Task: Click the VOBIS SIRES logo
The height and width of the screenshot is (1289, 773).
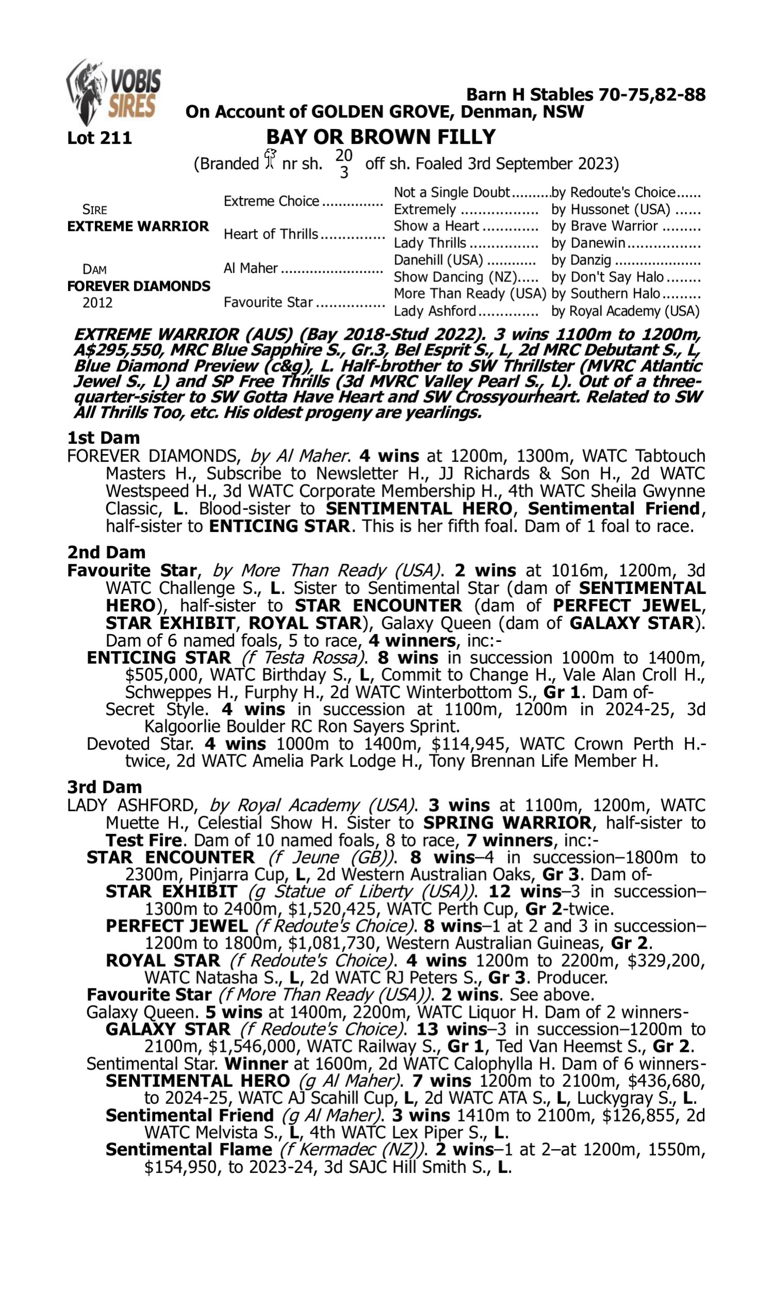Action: [114, 93]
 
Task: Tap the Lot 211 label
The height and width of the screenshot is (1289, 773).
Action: [99, 138]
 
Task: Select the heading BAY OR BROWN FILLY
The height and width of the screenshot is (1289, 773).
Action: [381, 137]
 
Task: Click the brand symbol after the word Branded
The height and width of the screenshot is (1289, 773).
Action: [270, 159]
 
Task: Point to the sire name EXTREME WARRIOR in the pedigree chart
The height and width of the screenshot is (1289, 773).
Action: [138, 226]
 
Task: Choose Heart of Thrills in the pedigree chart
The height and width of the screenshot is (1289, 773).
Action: [271, 235]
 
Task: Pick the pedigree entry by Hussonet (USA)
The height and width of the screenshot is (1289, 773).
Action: [611, 209]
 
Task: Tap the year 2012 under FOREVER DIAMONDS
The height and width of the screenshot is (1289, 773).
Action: [97, 303]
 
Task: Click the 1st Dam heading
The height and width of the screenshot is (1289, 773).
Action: [104, 438]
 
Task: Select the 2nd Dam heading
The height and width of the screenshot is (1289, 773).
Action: [106, 552]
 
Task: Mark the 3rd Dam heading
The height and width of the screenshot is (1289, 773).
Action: [105, 787]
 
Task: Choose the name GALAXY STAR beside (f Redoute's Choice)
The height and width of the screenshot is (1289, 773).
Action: [167, 1029]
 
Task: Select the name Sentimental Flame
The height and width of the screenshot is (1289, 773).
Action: [189, 1149]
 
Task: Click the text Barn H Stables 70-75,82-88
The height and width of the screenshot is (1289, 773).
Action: [585, 95]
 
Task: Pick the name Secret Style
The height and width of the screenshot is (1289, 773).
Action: [156, 709]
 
